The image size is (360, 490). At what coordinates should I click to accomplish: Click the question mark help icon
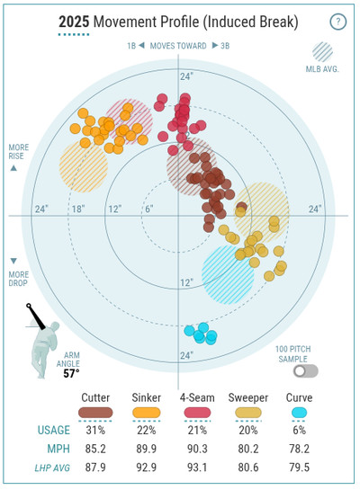[337, 22]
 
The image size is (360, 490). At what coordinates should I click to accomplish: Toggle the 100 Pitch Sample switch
[306, 371]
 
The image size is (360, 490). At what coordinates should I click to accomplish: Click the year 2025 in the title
[74, 22]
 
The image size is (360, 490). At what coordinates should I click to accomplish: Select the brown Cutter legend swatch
[95, 413]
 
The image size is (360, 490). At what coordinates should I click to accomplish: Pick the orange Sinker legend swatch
[147, 413]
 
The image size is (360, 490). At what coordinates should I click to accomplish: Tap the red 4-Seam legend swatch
[197, 413]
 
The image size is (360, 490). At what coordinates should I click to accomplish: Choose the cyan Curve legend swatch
[300, 413]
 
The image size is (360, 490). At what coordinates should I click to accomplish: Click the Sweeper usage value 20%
[248, 431]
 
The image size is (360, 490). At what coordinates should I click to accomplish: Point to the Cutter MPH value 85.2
[95, 449]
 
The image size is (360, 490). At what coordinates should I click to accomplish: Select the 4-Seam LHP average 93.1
[197, 468]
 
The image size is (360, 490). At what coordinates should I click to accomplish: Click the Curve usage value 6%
[300, 431]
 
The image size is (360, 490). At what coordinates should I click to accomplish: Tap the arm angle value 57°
[71, 373]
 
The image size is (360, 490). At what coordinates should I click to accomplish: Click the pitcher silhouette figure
[45, 347]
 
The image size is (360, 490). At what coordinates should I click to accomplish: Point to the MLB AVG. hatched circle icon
[322, 52]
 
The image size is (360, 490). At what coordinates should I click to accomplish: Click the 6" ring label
[149, 209]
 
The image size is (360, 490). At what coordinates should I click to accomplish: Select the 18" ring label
[78, 209]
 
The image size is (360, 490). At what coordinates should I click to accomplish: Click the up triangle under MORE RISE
[13, 168]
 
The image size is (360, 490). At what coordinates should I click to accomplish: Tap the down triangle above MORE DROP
[13, 261]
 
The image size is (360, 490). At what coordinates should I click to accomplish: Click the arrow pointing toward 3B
[215, 46]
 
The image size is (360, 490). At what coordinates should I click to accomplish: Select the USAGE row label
[54, 431]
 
